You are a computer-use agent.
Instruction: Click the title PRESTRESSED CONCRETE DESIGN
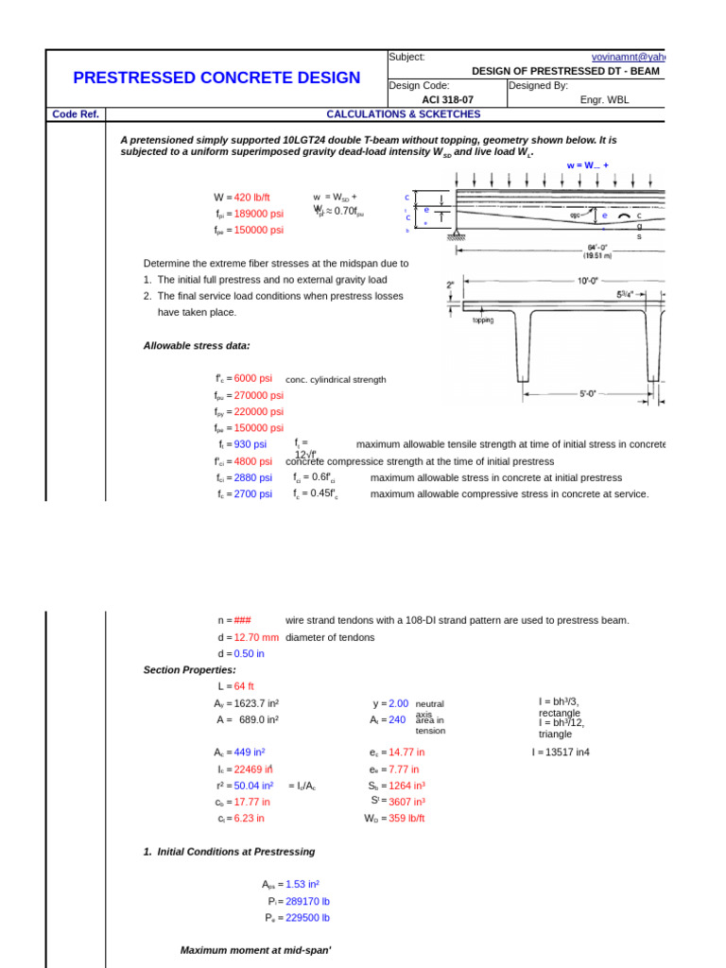(x=216, y=78)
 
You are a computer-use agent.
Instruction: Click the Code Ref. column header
(x=76, y=114)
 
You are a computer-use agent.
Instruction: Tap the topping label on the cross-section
(x=483, y=320)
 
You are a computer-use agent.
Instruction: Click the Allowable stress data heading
(x=197, y=346)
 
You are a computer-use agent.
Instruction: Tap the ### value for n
(x=242, y=620)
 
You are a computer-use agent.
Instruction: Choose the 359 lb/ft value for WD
(x=406, y=819)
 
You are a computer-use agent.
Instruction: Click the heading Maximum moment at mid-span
(x=256, y=950)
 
